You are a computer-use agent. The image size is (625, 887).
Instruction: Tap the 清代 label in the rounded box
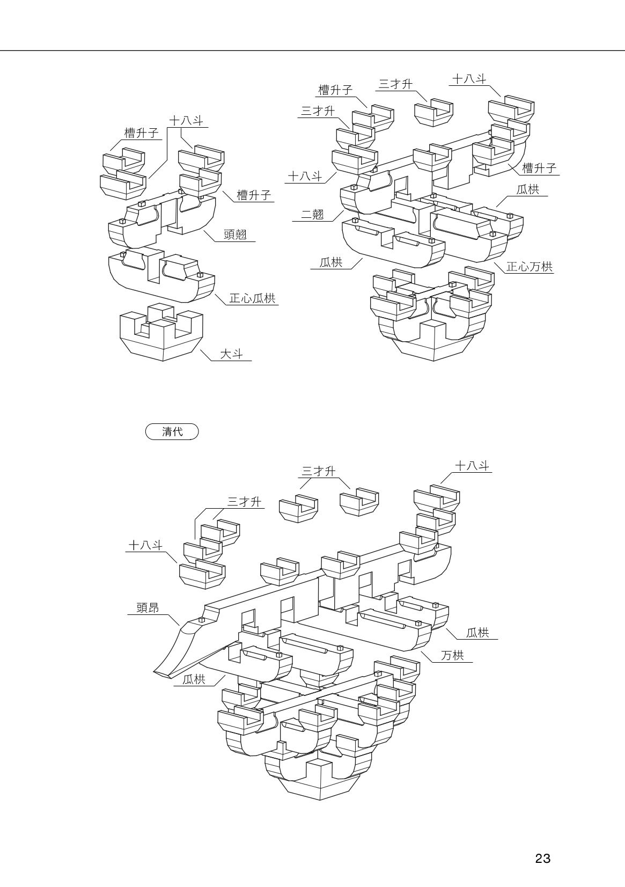pyautogui.click(x=172, y=431)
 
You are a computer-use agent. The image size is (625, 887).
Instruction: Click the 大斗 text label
pyautogui.click(x=232, y=354)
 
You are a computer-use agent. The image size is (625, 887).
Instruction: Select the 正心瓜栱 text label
pyautogui.click(x=252, y=298)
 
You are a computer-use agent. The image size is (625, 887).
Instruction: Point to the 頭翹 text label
pyautogui.click(x=235, y=235)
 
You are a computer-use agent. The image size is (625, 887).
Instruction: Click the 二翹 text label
pyautogui.click(x=312, y=215)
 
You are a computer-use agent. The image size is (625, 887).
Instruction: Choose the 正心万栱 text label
pyautogui.click(x=529, y=267)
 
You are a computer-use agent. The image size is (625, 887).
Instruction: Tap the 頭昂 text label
pyautogui.click(x=148, y=608)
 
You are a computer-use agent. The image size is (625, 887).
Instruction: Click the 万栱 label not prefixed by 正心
pyautogui.click(x=452, y=655)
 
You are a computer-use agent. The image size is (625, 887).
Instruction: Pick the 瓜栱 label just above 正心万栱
pyautogui.click(x=527, y=189)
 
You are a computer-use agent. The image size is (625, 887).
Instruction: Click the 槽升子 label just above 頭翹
pyautogui.click(x=254, y=195)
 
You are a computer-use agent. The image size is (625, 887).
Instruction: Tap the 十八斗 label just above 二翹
pyautogui.click(x=305, y=176)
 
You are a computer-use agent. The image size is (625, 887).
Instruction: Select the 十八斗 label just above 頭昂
pyautogui.click(x=145, y=545)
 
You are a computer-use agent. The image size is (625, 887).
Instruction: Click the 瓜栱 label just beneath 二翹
pyautogui.click(x=331, y=262)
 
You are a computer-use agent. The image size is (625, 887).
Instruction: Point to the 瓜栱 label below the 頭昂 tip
pyautogui.click(x=194, y=680)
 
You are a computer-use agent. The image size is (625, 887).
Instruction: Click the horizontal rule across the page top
pyautogui.click(x=312, y=50)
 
